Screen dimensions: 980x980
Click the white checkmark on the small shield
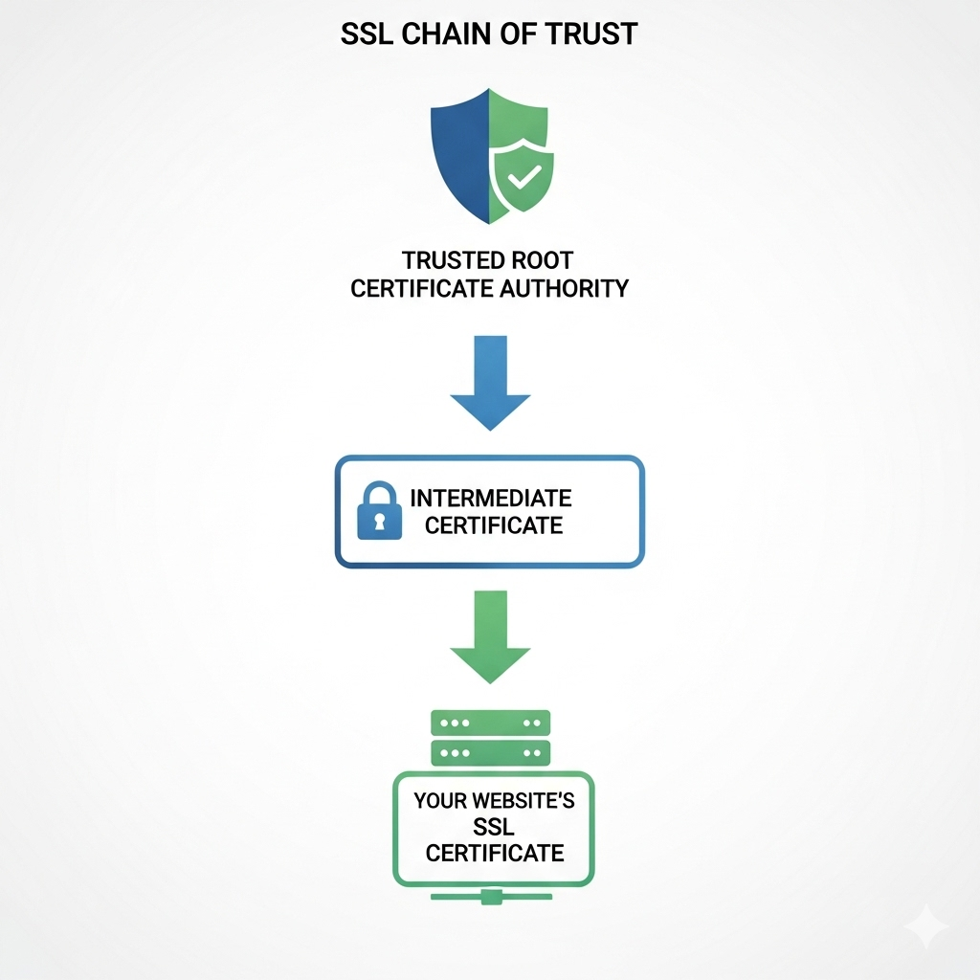[x=524, y=177]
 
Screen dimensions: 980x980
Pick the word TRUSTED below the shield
[x=444, y=260]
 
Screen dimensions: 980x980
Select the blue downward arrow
[x=490, y=383]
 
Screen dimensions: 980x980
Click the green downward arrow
[x=490, y=636]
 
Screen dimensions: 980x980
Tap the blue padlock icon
[x=379, y=510]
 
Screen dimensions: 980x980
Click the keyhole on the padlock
[x=379, y=521]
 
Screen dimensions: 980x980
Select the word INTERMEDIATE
[x=491, y=498]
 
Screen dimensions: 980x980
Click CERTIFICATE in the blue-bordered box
[x=494, y=525]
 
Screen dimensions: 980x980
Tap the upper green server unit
[x=491, y=723]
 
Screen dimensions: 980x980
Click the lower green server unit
[x=491, y=752]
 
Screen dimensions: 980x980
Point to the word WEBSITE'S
[x=523, y=801]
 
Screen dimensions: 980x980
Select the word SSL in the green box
[x=494, y=827]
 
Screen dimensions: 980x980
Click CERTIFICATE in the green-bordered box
[x=495, y=853]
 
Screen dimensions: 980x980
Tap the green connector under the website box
[x=491, y=896]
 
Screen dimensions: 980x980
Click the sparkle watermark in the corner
[x=926, y=926]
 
